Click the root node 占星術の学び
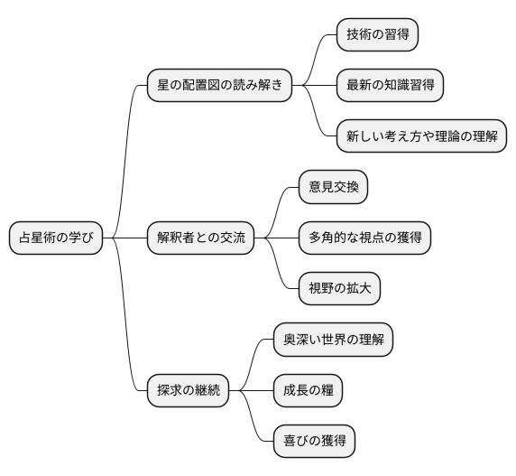pos(55,238)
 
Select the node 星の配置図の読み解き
pos(219,86)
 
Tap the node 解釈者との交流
pos(200,238)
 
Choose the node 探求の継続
pos(188,390)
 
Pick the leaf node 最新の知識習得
pos(390,86)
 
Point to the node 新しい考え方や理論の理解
pos(420,136)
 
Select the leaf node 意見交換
pos(333,187)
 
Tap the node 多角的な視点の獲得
pos(364,238)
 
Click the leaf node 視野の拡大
pos(339,289)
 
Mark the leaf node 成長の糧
pos(308,390)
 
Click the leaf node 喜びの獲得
pos(314,442)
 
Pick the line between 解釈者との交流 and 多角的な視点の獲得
pos(276,238)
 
